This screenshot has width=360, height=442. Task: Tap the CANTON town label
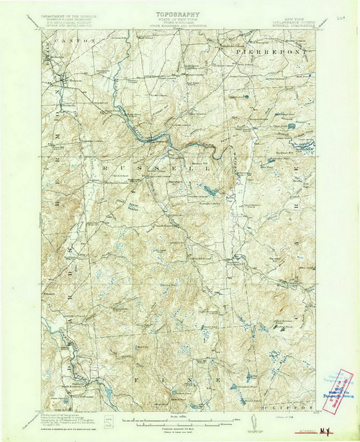pos(80,42)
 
